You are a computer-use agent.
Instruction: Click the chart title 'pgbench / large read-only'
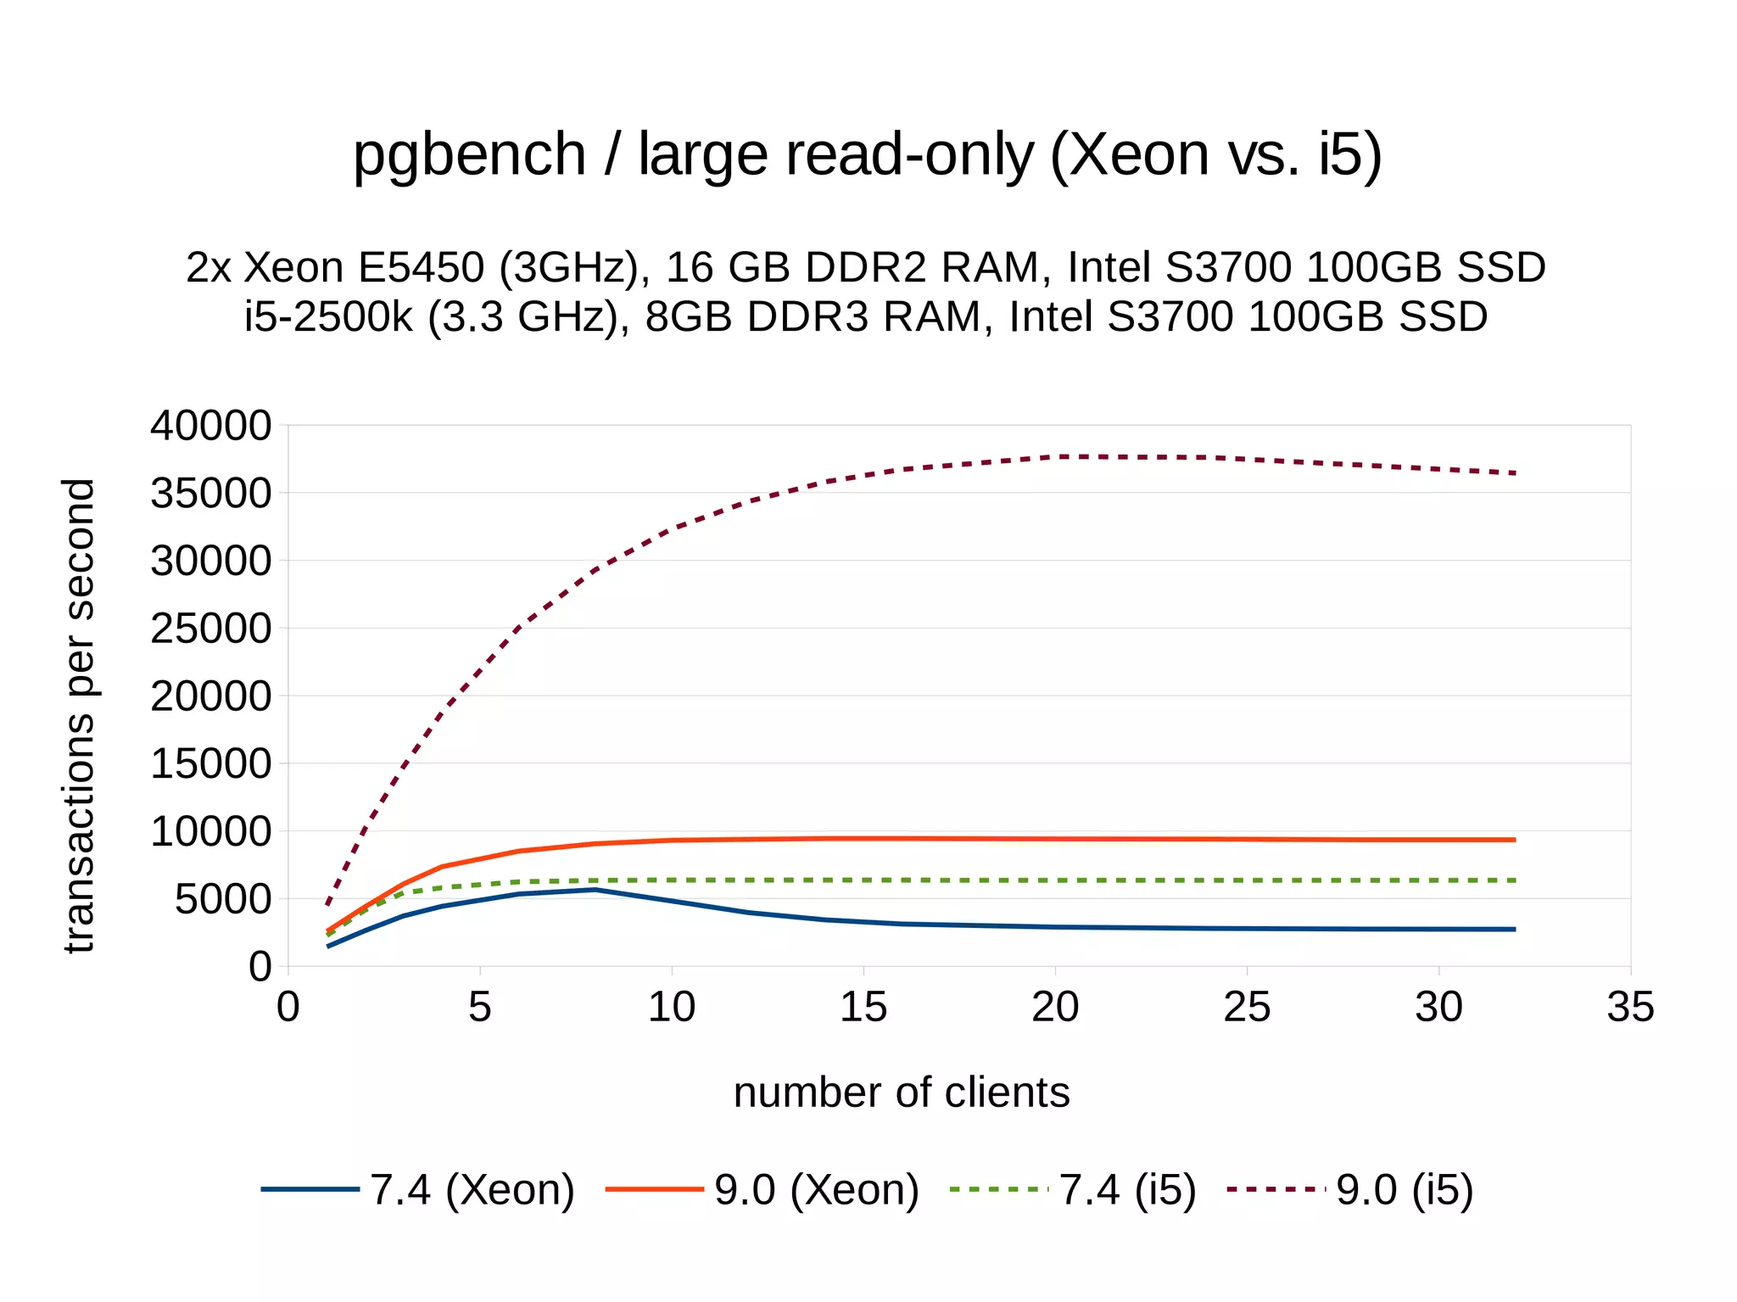pos(867,154)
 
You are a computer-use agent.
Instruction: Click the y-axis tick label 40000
pos(210,426)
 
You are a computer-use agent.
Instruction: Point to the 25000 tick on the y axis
pos(210,629)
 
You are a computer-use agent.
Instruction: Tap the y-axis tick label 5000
pos(222,899)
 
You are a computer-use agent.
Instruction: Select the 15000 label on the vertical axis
pos(210,764)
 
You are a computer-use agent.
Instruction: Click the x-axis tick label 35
pos(1630,1007)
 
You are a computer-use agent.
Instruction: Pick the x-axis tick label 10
pos(672,1007)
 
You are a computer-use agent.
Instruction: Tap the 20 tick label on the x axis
pos(1055,1007)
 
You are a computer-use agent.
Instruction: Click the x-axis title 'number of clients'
pos(901,1092)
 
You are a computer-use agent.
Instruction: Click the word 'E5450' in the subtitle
pos(420,267)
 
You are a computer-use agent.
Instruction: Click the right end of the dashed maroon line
pos(1515,473)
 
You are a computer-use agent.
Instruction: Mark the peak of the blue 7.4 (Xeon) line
pos(596,889)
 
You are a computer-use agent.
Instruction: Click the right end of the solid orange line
pos(1515,840)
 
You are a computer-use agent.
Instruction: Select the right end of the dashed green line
pos(1515,880)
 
